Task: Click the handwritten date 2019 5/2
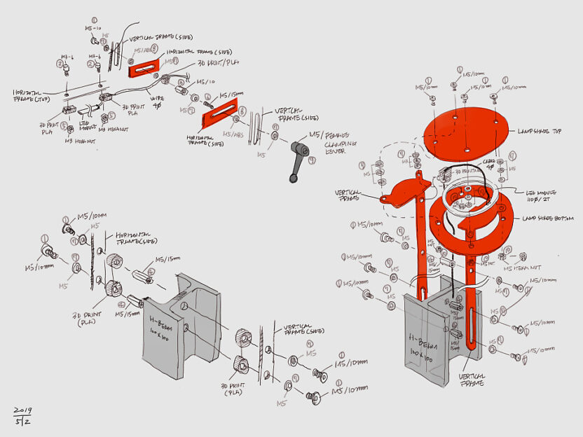(x=23, y=415)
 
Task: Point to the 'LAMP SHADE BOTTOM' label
(x=548, y=218)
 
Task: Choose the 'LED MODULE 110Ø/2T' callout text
(x=542, y=195)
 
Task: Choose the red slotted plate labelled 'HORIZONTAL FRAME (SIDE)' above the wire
(x=147, y=68)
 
